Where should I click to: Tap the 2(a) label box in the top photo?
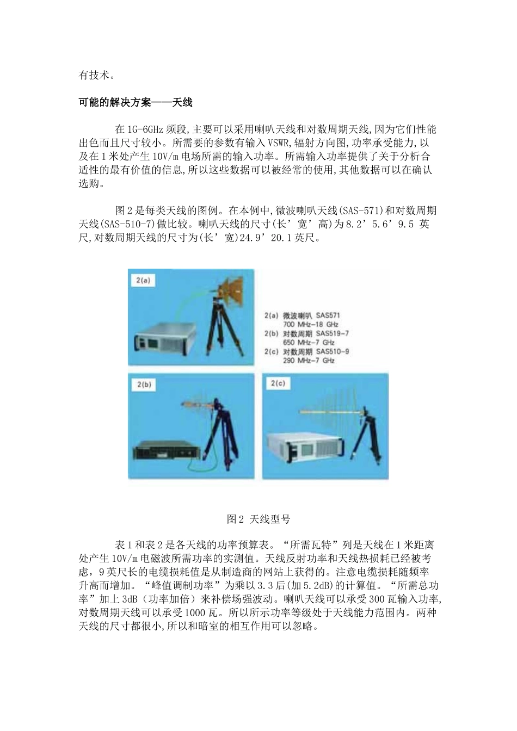pos(143,281)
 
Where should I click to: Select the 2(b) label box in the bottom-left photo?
pos(143,385)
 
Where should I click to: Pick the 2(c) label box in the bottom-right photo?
pos(278,384)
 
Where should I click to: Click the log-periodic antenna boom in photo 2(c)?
pos(332,412)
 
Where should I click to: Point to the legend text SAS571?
pos(328,315)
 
